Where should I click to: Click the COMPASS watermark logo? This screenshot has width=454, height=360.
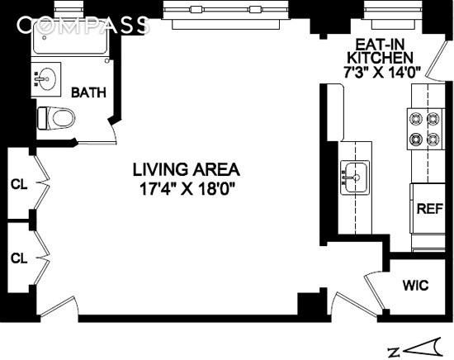pyautogui.click(x=83, y=26)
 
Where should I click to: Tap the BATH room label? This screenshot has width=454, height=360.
pyautogui.click(x=87, y=92)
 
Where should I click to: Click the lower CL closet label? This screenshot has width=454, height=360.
pyautogui.click(x=19, y=258)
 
